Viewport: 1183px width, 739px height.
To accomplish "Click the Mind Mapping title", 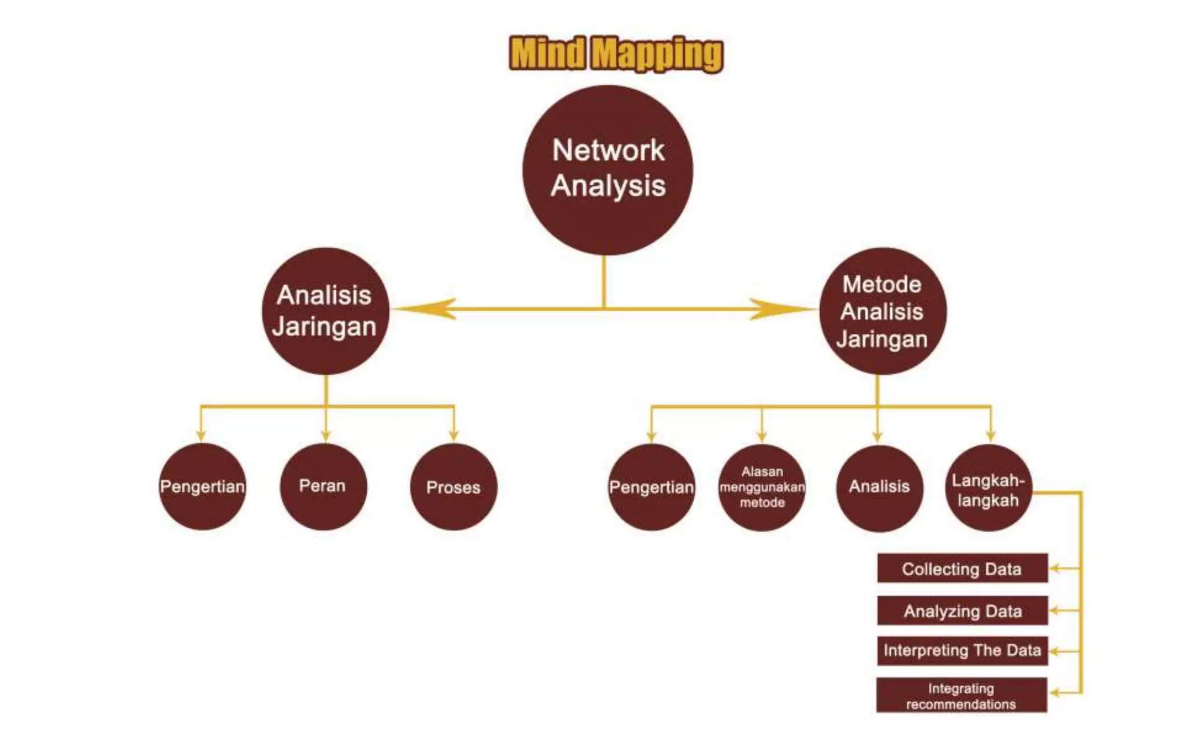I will point(616,54).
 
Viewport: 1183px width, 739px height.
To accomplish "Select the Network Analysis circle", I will point(608,170).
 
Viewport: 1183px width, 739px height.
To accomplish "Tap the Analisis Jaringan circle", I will point(325,311).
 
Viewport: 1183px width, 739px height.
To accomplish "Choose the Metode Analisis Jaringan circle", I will point(882,311).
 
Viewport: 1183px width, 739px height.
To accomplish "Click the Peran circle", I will point(323,486).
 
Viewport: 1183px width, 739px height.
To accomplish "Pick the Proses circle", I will point(453,487).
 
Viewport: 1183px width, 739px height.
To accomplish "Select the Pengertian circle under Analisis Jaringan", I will point(202,486).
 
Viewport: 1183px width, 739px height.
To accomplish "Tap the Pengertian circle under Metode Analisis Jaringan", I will point(652,487).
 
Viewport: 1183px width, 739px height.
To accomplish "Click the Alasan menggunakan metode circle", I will point(762,487).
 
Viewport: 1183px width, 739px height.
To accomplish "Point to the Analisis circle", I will point(879,487).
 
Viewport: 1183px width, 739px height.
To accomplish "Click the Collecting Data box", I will point(962,569).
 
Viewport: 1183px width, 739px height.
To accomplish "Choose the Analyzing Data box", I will point(962,610).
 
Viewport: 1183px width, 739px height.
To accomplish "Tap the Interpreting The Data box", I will point(962,651).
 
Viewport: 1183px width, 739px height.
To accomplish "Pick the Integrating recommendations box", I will point(961,696).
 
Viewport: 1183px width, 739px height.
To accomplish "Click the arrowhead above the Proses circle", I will point(454,434).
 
